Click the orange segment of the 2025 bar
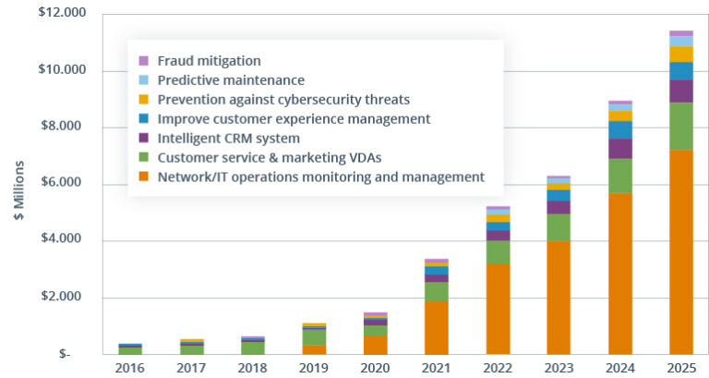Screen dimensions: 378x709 [x=680, y=251]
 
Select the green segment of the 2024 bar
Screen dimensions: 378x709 [x=619, y=176]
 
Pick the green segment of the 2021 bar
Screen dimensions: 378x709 [x=437, y=291]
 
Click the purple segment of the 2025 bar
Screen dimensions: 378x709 [x=680, y=91]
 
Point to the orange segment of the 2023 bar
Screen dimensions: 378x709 [x=559, y=297]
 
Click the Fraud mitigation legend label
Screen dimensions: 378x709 [x=209, y=61]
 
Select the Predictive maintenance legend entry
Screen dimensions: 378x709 [x=230, y=80]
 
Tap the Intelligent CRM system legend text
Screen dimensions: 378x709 [x=228, y=138]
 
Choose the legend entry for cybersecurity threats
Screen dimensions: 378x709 [x=283, y=100]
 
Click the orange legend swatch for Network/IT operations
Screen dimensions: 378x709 [x=144, y=177]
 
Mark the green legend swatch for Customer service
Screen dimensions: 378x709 [x=144, y=157]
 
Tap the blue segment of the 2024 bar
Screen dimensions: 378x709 [x=619, y=129]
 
